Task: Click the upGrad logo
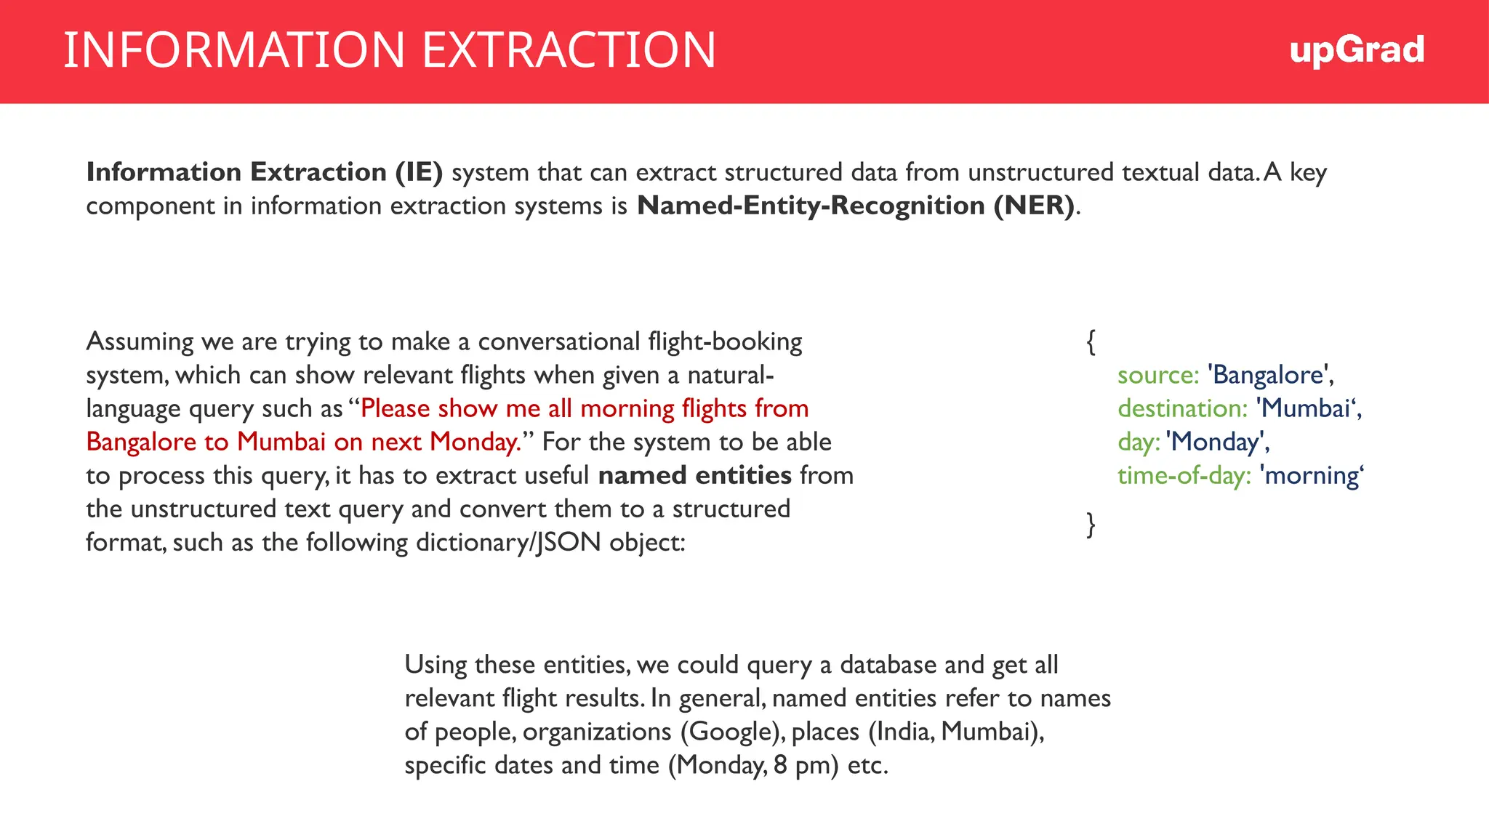pyautogui.click(x=1357, y=51)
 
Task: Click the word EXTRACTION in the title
pyautogui.click(x=569, y=50)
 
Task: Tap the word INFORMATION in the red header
pyautogui.click(x=233, y=50)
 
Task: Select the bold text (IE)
pyautogui.click(x=419, y=172)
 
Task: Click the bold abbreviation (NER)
pyautogui.click(x=1034, y=206)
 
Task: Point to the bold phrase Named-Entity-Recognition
pyautogui.click(x=811, y=206)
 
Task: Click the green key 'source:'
pyautogui.click(x=1157, y=375)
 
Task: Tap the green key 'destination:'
pyautogui.click(x=1182, y=408)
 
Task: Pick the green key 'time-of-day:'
pyautogui.click(x=1184, y=475)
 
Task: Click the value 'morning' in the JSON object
pyautogui.click(x=1311, y=475)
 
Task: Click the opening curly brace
pyautogui.click(x=1091, y=341)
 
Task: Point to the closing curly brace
pyautogui.click(x=1091, y=524)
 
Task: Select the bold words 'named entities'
pyautogui.click(x=694, y=475)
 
